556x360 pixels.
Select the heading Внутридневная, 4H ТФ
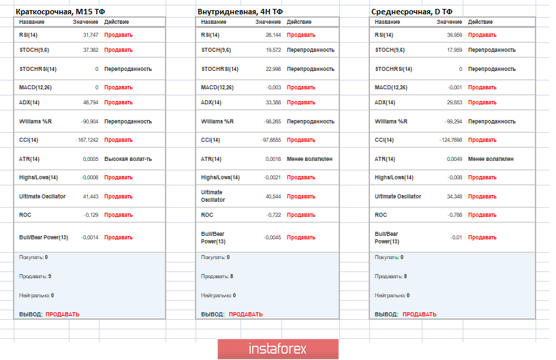[240, 12]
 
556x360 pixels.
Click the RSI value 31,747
[91, 35]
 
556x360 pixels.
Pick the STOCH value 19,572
[272, 50]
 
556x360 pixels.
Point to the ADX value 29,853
[454, 102]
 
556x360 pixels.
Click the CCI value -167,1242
[87, 140]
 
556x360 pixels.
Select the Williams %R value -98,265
[271, 121]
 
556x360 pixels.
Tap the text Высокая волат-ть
[128, 159]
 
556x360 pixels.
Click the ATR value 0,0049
[454, 159]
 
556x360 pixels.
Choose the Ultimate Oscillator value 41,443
[91, 196]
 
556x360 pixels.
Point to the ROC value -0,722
[273, 215]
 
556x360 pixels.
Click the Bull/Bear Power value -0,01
[457, 237]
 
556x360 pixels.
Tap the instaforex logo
[278, 348]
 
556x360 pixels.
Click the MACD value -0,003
[273, 87]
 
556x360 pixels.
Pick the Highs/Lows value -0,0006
[90, 177]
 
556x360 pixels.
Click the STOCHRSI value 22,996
[272, 69]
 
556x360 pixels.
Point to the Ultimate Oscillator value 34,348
[454, 196]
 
